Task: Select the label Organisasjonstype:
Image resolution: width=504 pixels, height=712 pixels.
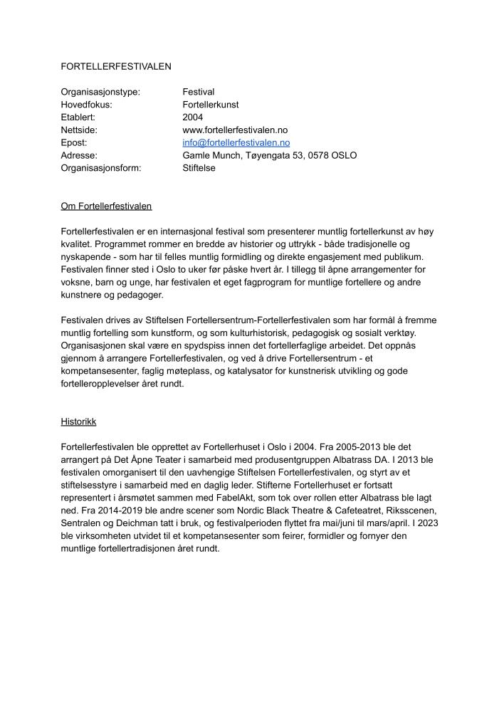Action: pos(100,92)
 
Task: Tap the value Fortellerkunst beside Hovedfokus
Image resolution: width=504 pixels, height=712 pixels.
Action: pos(211,105)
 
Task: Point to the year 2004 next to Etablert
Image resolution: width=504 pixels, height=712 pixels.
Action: pos(193,117)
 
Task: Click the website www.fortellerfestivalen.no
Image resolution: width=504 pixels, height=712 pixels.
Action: pos(235,130)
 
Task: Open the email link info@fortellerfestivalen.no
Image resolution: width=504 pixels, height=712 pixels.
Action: pos(236,143)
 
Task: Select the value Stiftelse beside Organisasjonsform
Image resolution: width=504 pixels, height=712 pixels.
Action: pos(199,168)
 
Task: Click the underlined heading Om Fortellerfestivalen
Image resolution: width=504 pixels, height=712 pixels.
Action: pos(107,206)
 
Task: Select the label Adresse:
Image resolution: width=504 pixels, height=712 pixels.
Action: pos(80,155)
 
